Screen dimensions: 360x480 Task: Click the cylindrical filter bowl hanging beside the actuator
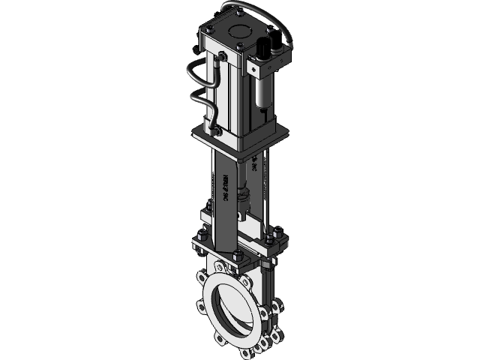[x=262, y=93]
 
